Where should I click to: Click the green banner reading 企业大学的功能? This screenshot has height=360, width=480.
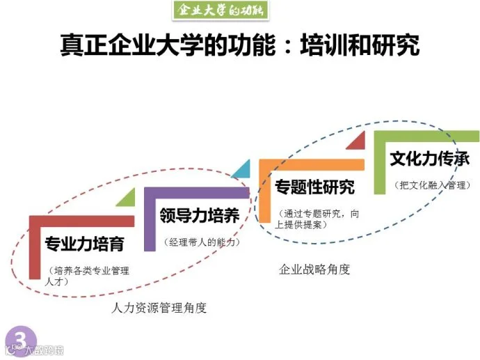(221, 10)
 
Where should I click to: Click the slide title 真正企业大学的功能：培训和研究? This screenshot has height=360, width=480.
(240, 46)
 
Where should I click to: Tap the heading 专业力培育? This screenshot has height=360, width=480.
(85, 244)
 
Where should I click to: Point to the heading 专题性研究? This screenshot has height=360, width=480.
(314, 187)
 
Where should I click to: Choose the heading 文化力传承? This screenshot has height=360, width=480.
(429, 159)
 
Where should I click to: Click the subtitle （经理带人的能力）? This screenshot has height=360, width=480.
(201, 242)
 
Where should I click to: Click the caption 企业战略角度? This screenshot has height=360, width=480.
(314, 269)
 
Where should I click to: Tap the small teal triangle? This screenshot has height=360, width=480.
(242, 171)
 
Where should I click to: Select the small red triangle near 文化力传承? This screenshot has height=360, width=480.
(356, 141)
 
